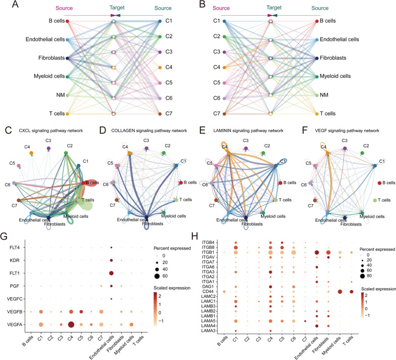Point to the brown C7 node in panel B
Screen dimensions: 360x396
224,113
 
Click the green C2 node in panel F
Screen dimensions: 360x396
362,152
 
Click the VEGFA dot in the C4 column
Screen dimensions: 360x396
71,325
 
